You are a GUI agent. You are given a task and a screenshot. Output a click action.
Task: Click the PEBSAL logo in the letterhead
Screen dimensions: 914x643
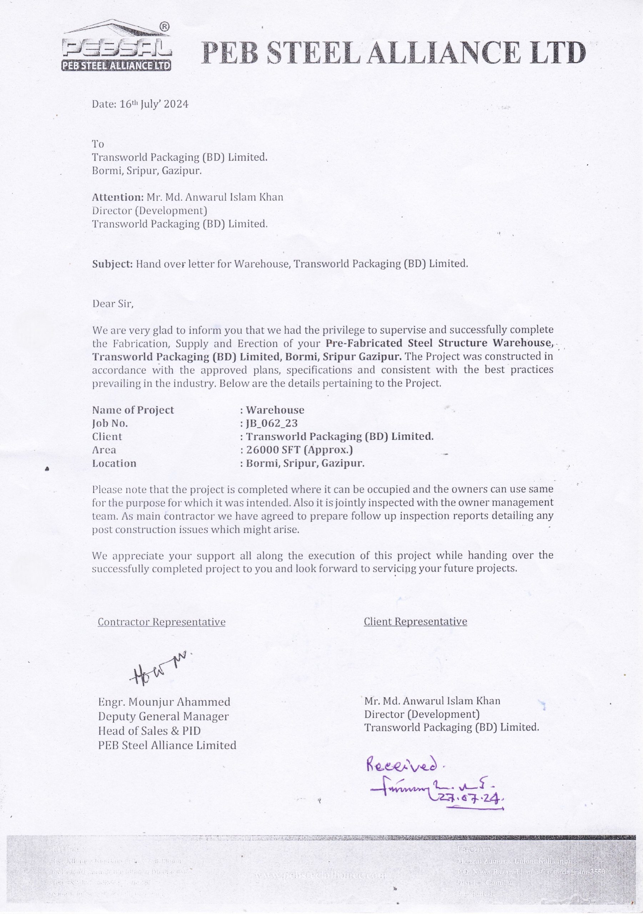116,47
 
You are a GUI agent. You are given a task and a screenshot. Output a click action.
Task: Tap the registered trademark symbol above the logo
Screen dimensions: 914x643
164,27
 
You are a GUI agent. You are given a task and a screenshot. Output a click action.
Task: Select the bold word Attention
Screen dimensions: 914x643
117,197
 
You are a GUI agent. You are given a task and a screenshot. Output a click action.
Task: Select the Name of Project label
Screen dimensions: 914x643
133,410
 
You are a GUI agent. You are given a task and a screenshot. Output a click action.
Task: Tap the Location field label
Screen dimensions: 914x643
114,463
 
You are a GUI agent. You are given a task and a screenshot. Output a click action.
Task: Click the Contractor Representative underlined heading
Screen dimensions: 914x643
162,622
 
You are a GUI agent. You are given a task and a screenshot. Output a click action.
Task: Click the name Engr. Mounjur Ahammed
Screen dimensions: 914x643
164,702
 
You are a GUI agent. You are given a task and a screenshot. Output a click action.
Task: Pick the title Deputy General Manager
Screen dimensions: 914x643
163,717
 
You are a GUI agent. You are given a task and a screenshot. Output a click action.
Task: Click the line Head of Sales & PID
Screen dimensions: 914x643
149,731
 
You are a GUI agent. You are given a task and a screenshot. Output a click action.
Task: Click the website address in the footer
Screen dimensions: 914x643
321,875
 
